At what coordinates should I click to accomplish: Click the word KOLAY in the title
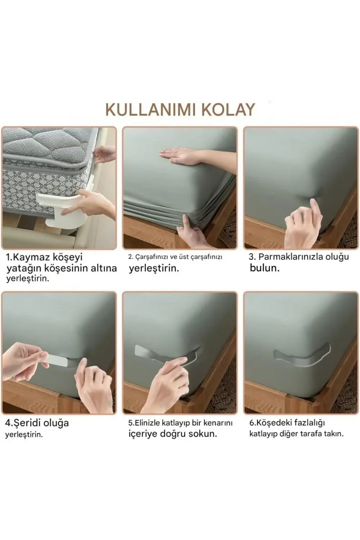228,109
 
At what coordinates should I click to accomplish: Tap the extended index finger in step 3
316,209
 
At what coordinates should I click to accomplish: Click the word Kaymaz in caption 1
33,257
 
